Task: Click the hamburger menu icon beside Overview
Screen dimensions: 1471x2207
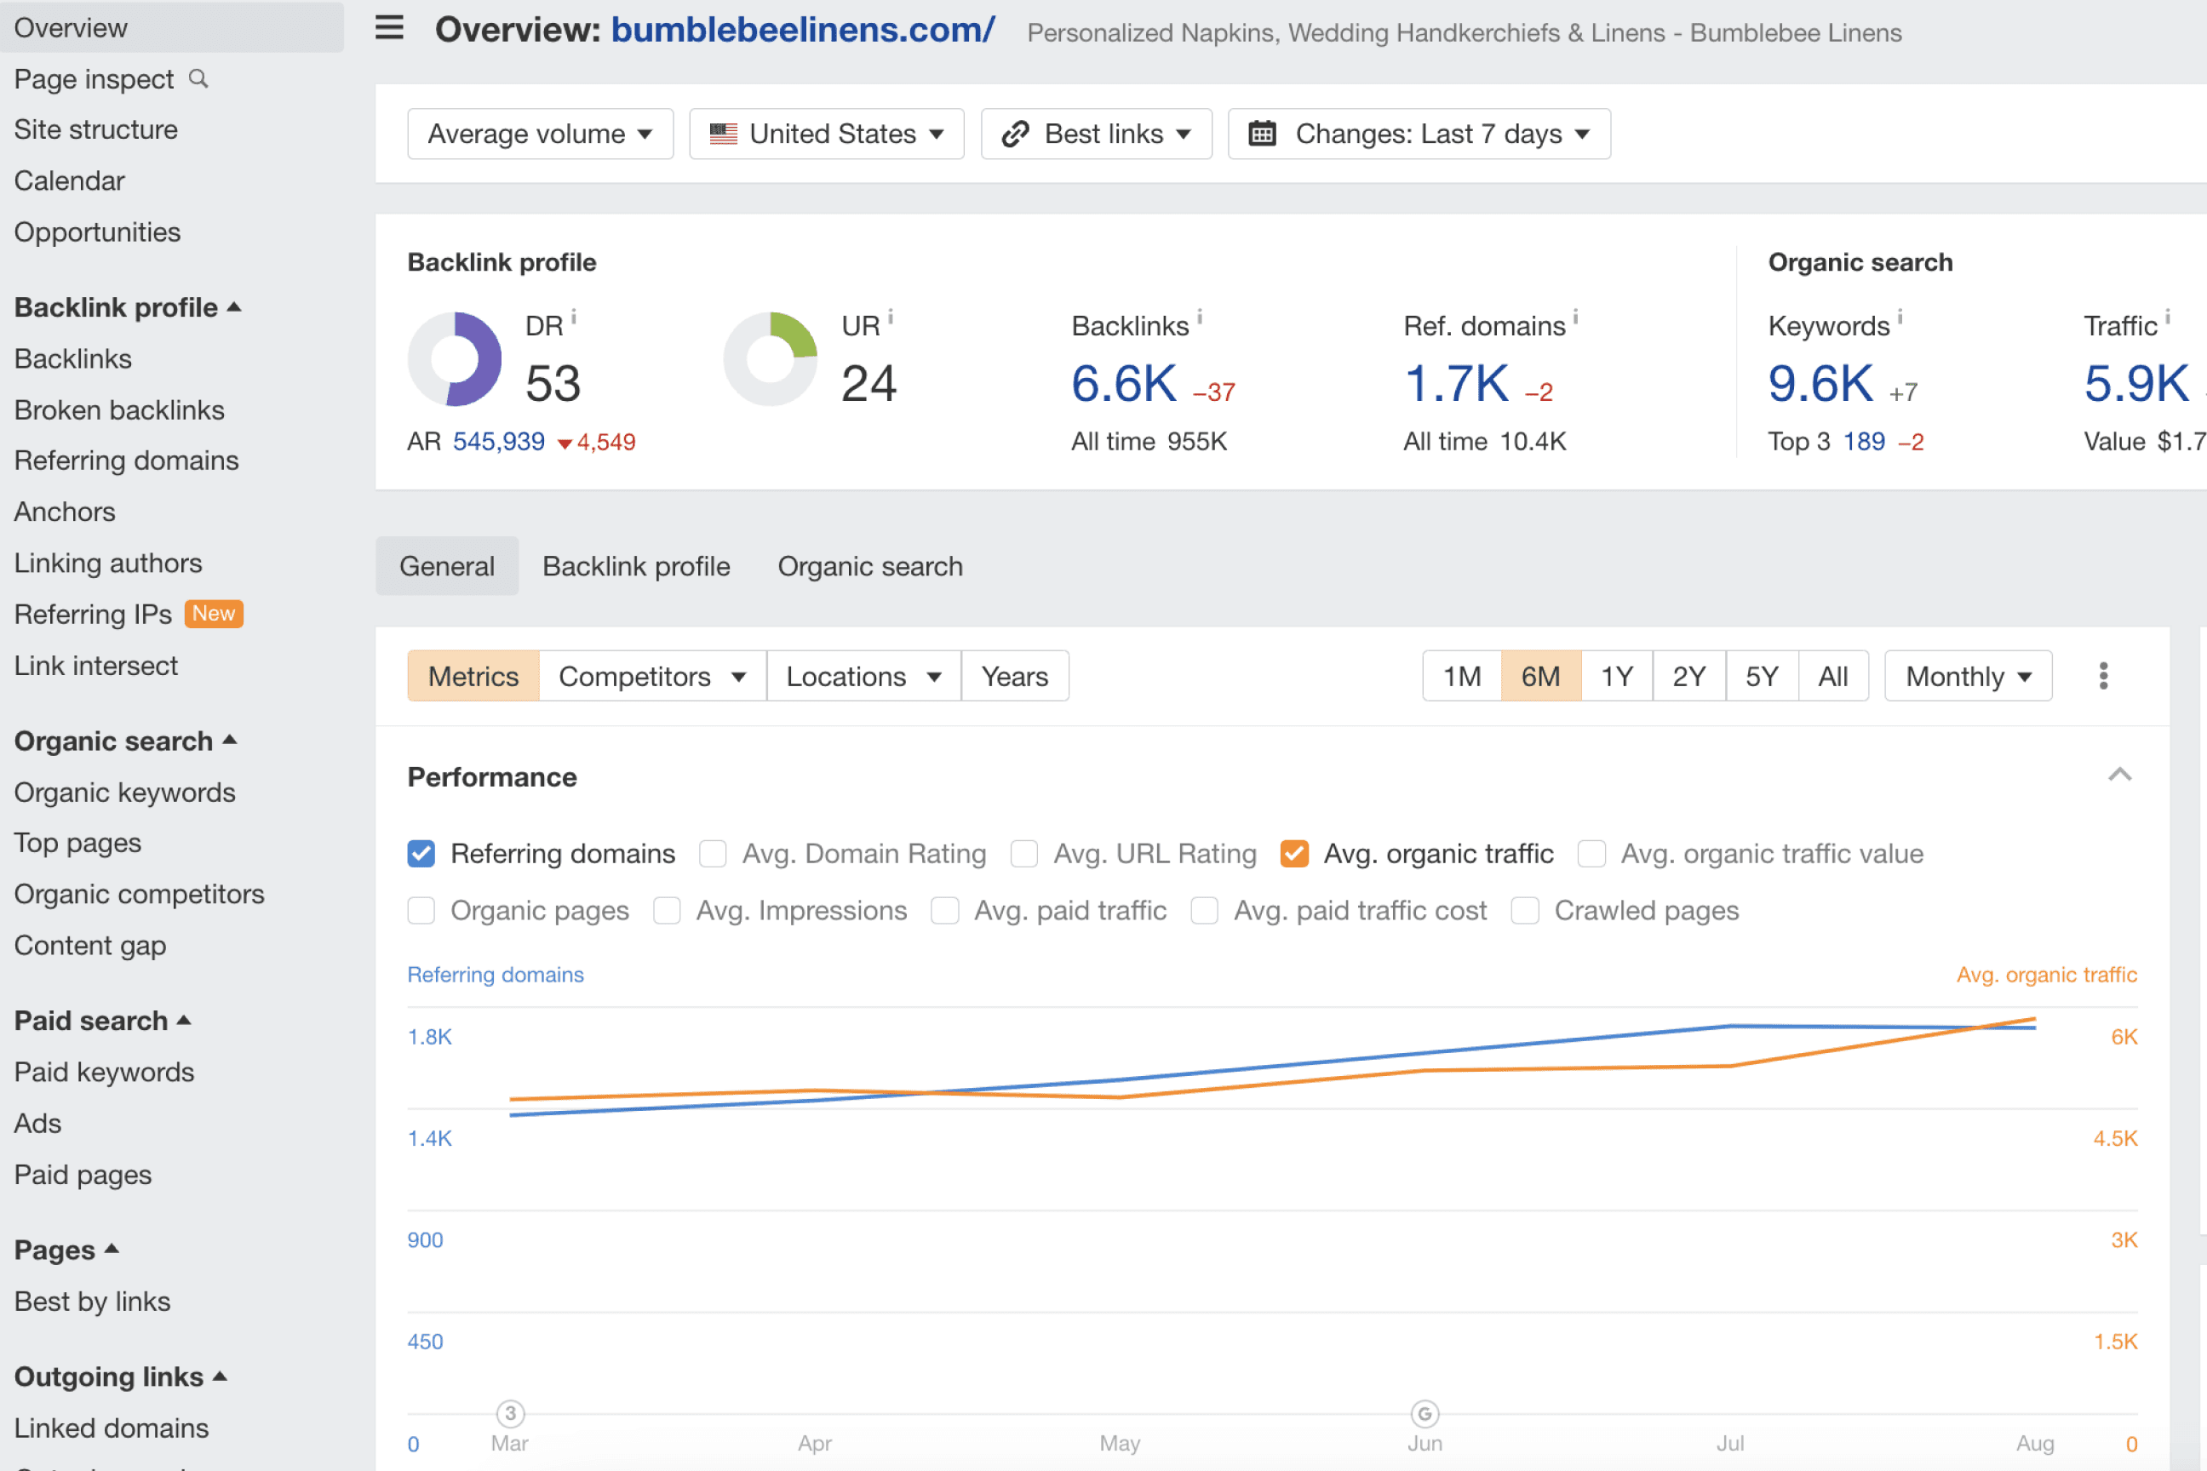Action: (x=389, y=28)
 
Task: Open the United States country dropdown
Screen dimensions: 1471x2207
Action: (x=826, y=135)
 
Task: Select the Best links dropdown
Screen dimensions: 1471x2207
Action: (x=1096, y=135)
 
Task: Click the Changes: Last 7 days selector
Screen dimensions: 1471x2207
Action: (x=1419, y=135)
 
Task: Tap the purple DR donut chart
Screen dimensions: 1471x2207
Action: (x=455, y=359)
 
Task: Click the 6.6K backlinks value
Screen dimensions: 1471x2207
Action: (x=1123, y=384)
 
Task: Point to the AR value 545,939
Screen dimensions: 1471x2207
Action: (x=498, y=442)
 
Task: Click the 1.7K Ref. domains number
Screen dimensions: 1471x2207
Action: (x=1455, y=384)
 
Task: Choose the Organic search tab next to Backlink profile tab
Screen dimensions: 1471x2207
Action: (x=870, y=567)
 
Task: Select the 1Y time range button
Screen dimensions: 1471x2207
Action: (x=1616, y=677)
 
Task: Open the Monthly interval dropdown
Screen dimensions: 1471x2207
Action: (x=1968, y=677)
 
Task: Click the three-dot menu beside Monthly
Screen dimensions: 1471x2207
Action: (x=2103, y=677)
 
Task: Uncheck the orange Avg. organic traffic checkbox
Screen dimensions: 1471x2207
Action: (x=1294, y=854)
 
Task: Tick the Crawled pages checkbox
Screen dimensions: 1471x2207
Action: (x=1525, y=911)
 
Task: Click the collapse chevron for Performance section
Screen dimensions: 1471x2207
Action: (x=2120, y=775)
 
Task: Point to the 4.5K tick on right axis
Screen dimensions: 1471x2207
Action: (x=2114, y=1139)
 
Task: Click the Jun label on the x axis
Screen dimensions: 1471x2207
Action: (x=1425, y=1443)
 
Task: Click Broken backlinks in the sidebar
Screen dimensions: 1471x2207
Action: (x=119, y=410)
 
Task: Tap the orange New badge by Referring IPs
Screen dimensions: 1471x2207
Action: (x=214, y=614)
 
